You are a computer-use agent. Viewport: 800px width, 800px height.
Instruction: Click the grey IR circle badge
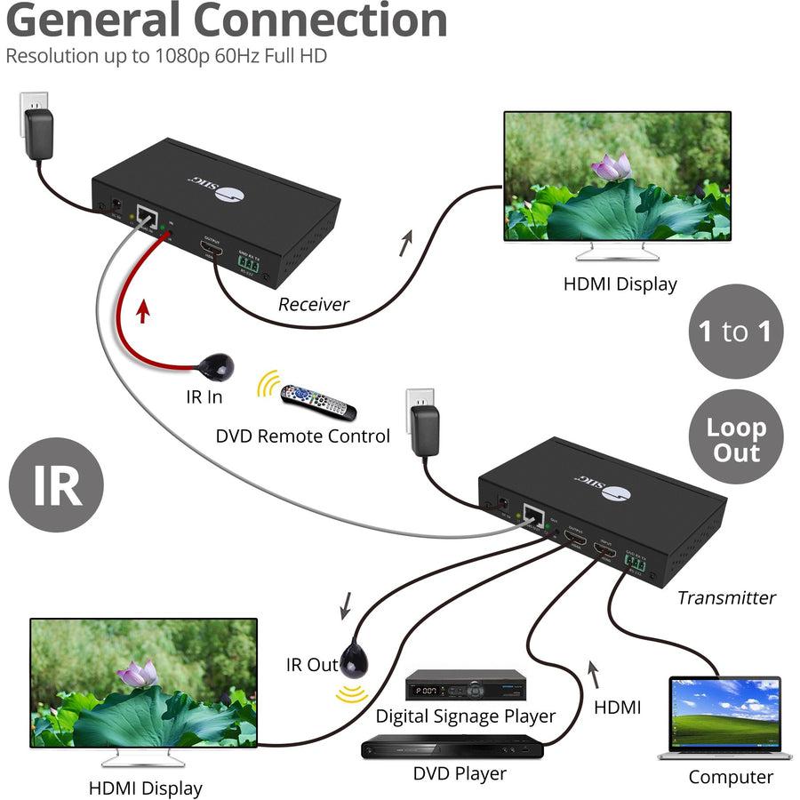click(56, 484)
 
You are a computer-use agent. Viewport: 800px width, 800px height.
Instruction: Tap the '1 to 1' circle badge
click(734, 332)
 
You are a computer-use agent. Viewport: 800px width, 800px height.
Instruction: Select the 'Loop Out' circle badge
click(734, 439)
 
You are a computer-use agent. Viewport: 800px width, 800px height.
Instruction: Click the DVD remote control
click(317, 401)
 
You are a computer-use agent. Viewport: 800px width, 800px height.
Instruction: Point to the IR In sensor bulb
click(216, 364)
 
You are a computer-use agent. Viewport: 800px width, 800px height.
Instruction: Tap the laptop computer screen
click(725, 712)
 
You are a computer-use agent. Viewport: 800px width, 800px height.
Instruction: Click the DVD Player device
click(452, 747)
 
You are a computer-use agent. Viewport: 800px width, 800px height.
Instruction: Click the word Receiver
click(314, 304)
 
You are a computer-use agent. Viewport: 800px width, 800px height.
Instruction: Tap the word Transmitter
click(726, 597)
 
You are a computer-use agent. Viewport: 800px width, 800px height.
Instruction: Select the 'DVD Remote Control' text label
click(302, 436)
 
